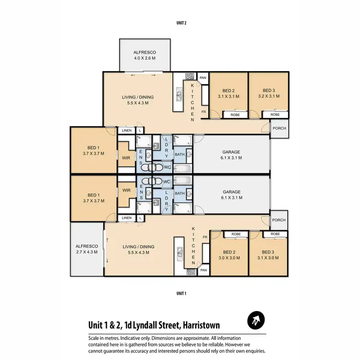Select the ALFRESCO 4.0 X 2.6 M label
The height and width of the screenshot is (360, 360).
144,55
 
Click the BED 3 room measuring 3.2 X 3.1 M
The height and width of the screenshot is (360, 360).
268,93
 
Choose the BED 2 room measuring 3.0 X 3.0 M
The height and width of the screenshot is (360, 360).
228,254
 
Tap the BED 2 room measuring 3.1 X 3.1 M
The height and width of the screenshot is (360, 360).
228,93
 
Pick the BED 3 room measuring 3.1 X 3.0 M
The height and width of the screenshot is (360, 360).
268,254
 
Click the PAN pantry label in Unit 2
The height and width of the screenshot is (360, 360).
203,78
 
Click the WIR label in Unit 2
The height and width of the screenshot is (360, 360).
127,156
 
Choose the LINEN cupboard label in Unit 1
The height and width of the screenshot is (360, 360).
127,218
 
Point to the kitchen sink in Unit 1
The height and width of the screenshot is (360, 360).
179,252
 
